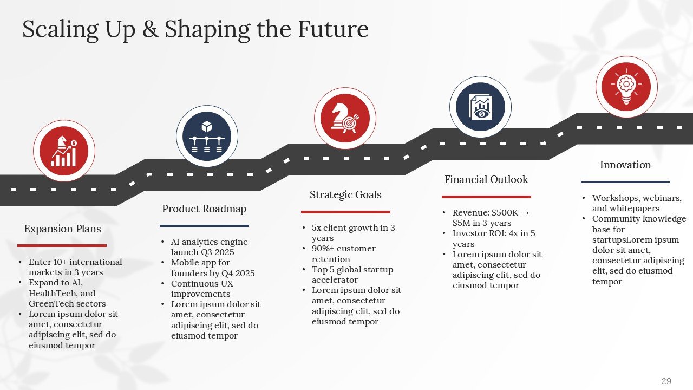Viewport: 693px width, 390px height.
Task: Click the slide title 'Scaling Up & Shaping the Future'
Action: click(x=195, y=29)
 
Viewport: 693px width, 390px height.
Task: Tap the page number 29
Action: click(x=666, y=381)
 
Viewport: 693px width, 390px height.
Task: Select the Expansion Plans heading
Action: click(x=62, y=229)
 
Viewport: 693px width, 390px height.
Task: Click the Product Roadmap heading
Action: click(x=204, y=209)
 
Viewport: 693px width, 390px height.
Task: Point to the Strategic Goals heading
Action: click(x=345, y=195)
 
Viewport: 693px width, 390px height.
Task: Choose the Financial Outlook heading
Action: click(x=486, y=180)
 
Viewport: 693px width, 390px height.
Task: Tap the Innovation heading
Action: click(x=625, y=165)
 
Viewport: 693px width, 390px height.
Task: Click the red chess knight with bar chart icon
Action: click(x=64, y=151)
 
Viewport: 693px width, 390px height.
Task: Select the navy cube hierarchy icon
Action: click(x=207, y=136)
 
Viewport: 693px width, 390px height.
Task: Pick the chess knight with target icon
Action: click(x=345, y=118)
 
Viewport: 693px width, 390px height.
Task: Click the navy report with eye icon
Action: click(x=480, y=107)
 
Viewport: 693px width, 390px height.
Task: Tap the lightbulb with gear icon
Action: click(x=626, y=86)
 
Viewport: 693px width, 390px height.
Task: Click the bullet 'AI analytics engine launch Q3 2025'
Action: click(x=209, y=248)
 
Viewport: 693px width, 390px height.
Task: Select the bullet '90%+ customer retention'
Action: click(x=343, y=254)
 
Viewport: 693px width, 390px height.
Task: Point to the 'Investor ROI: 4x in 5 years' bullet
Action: click(x=494, y=239)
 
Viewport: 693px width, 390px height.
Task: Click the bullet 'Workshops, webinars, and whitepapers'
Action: click(x=636, y=203)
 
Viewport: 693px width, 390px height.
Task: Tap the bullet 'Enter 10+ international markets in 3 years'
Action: click(x=75, y=267)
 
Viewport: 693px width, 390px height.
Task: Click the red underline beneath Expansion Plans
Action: click(x=62, y=246)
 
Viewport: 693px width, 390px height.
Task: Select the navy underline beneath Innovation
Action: click(x=625, y=182)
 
